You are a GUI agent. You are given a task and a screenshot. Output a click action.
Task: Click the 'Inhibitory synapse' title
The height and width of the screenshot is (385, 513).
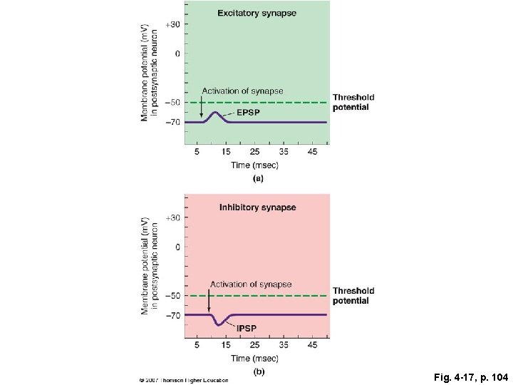point(257,207)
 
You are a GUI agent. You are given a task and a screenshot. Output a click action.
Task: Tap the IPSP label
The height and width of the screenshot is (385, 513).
point(247,329)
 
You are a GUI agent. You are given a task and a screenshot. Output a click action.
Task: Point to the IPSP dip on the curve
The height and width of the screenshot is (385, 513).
point(219,324)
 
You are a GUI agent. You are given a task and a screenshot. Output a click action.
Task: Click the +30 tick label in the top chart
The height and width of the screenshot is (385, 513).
point(172,24)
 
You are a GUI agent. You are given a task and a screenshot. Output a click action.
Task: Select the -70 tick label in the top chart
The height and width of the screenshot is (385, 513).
point(172,123)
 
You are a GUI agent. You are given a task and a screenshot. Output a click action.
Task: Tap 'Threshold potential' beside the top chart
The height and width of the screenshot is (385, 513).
point(353,102)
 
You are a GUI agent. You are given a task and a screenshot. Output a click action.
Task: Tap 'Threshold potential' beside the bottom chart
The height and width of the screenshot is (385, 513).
point(353,296)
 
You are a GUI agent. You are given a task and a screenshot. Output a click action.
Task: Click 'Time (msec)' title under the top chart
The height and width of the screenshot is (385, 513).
point(254,165)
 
